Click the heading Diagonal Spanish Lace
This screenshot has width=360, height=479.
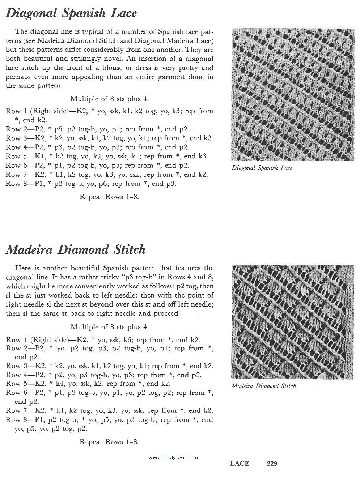(x=71, y=13)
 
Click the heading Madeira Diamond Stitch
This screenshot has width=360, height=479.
(x=76, y=249)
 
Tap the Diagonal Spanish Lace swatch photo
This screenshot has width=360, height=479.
(x=293, y=94)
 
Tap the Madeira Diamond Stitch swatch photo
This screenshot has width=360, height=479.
(x=293, y=322)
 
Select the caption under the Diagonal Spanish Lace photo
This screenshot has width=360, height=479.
(x=262, y=168)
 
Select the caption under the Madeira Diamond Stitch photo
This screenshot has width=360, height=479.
(x=263, y=386)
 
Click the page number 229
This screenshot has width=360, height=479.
(x=272, y=463)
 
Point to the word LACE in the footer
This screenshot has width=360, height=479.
(x=240, y=463)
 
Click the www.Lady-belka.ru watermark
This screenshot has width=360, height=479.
(x=174, y=458)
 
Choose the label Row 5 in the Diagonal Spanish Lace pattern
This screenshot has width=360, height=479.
(x=15, y=156)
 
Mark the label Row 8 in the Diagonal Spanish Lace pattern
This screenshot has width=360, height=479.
(x=15, y=184)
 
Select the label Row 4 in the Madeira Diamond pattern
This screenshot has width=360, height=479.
(x=15, y=375)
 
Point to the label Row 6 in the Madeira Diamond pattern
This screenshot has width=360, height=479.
(x=15, y=393)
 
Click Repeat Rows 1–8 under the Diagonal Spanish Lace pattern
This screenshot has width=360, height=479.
(x=109, y=197)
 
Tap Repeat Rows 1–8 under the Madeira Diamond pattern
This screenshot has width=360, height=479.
(x=109, y=442)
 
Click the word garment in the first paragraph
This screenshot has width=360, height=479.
(x=177, y=77)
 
